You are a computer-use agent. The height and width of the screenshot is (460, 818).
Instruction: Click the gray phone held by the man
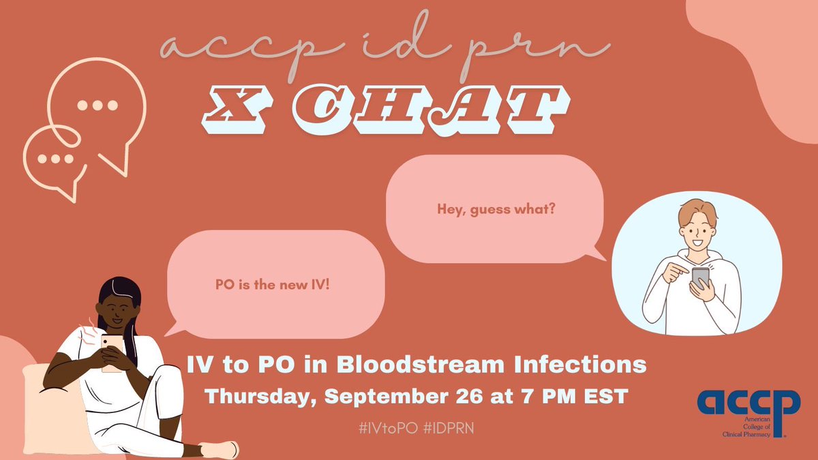point(700,277)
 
